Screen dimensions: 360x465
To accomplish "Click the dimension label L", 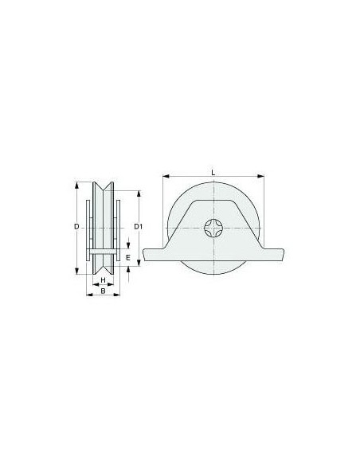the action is click(x=213, y=172).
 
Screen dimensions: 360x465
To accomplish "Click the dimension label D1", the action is click(x=139, y=227).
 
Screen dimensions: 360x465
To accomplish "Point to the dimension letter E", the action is click(x=128, y=257).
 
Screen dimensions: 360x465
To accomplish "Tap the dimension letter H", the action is click(x=104, y=280).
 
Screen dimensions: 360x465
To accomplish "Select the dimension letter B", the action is click(x=104, y=291).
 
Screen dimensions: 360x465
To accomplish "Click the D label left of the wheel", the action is click(x=76, y=227).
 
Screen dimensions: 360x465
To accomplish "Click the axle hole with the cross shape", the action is click(x=213, y=228).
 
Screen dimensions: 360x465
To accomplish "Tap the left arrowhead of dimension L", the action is click(x=166, y=176).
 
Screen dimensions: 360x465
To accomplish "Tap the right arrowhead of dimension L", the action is click(x=260, y=176).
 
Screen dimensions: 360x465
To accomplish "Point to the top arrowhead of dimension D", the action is click(x=76, y=185).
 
